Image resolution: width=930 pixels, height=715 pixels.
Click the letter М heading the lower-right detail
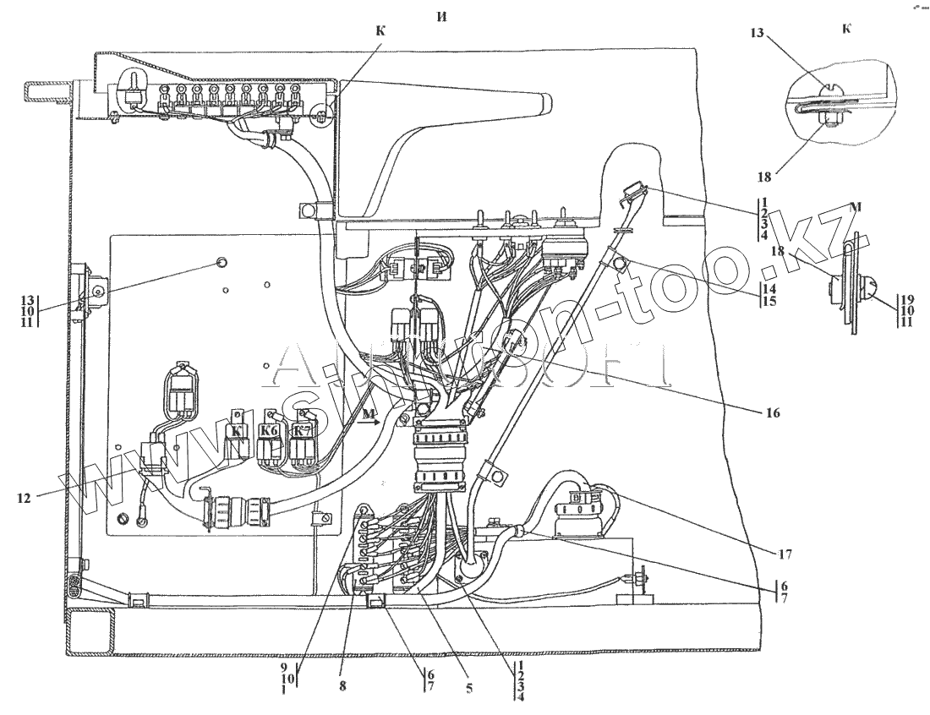[856, 208]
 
